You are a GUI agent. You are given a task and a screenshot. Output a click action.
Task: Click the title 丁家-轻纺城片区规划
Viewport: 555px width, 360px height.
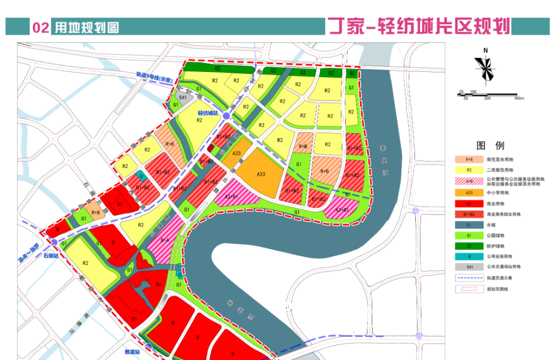[x=418, y=26]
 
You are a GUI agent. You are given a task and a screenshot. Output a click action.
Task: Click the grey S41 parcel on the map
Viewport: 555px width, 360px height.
[x=182, y=97]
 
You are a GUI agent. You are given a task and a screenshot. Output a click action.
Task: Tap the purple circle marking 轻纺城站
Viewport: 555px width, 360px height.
[x=227, y=118]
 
